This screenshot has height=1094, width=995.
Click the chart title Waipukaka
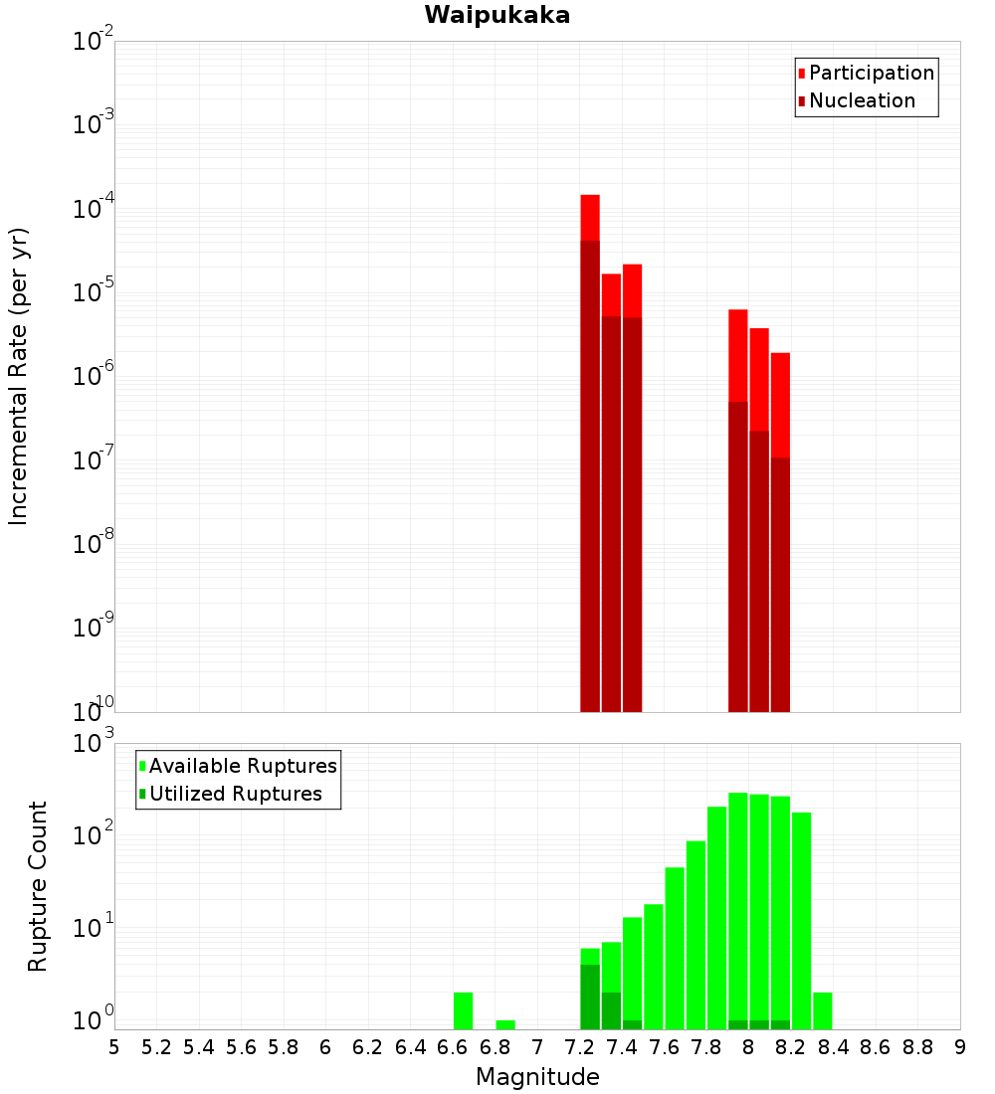[x=497, y=15]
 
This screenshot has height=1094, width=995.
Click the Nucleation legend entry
[x=862, y=100]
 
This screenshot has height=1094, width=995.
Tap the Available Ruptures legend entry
[x=243, y=766]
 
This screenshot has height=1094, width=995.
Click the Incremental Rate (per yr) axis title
[x=19, y=376]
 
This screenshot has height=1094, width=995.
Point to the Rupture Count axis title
[x=38, y=886]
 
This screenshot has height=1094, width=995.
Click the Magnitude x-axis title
[x=537, y=1077]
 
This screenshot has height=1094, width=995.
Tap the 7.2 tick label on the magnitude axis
[x=580, y=1047]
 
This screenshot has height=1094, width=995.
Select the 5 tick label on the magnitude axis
[x=114, y=1047]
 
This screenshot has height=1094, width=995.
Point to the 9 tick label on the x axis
[x=960, y=1047]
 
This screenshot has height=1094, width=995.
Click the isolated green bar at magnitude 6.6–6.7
[x=463, y=1010]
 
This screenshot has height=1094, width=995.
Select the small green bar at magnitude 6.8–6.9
[x=505, y=1024]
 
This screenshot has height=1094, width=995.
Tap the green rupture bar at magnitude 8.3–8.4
[x=823, y=1010]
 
